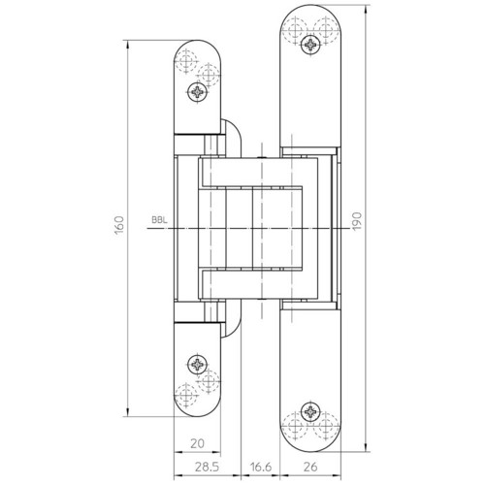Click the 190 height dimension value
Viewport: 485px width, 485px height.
click(356, 221)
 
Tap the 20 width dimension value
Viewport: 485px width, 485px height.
click(197, 443)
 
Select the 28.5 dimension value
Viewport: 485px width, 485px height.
click(207, 468)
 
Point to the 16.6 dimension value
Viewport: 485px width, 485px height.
click(261, 468)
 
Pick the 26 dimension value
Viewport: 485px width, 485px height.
click(310, 468)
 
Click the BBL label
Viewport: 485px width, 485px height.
click(160, 220)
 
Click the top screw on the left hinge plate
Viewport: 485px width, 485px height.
click(197, 92)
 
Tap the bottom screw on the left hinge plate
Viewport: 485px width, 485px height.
click(197, 365)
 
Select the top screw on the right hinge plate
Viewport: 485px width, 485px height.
click(310, 45)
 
